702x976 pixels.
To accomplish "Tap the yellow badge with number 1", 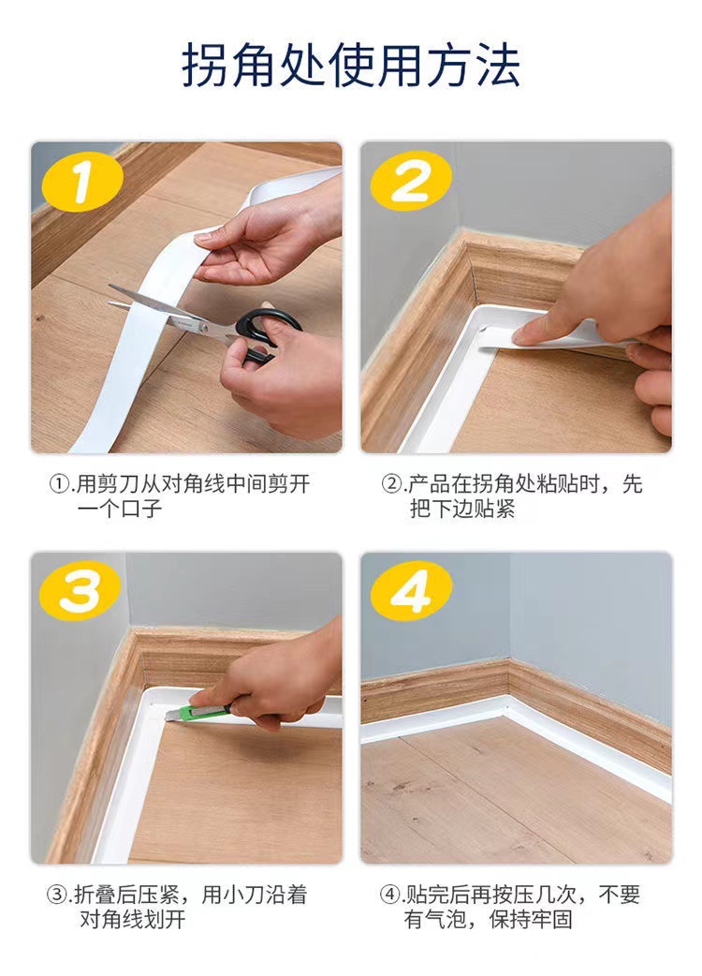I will click(x=81, y=182).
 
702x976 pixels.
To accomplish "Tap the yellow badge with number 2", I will click(x=410, y=182).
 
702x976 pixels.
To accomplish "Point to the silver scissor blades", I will click(x=168, y=308).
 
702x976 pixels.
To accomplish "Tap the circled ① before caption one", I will click(x=58, y=484).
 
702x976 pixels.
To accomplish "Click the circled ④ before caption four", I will click(x=389, y=895).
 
